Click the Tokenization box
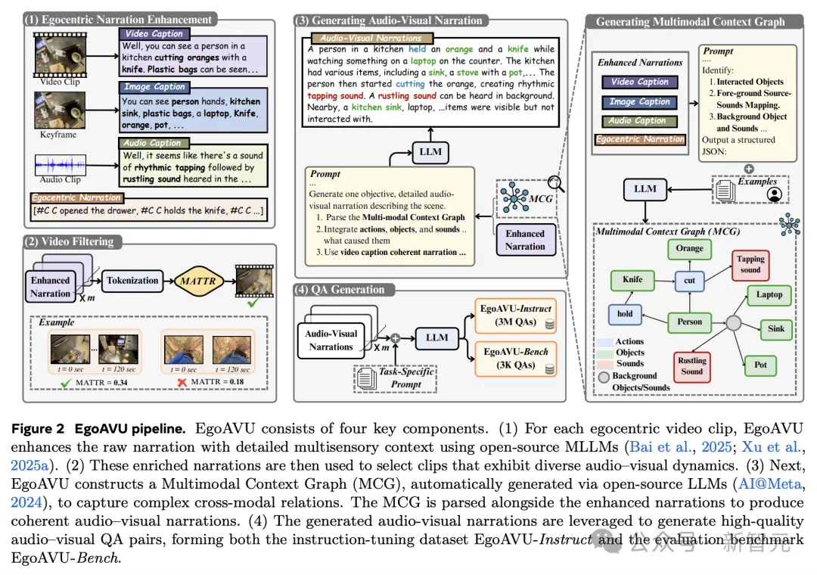pyautogui.click(x=132, y=281)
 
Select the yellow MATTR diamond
pyautogui.click(x=198, y=281)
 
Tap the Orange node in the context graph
pyautogui.click(x=689, y=248)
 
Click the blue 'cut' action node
pyautogui.click(x=689, y=281)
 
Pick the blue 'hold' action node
pyautogui.click(x=625, y=314)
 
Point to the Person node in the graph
pyautogui.click(x=689, y=322)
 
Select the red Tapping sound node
pyautogui.click(x=750, y=264)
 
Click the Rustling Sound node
pyautogui.click(x=692, y=366)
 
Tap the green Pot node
pyautogui.click(x=760, y=365)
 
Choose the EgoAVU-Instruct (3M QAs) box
pyautogui.click(x=515, y=315)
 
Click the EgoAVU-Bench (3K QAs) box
pyautogui.click(x=515, y=359)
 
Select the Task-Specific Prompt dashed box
pyautogui.click(x=396, y=378)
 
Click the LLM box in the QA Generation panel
pyautogui.click(x=436, y=337)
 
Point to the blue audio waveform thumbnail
pyautogui.click(x=61, y=165)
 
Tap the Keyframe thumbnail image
pyautogui.click(x=60, y=110)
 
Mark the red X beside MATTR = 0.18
pyautogui.click(x=182, y=383)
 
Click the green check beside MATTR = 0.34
pyautogui.click(x=66, y=383)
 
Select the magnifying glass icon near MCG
pyautogui.click(x=556, y=183)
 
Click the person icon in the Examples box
pyautogui.click(x=775, y=194)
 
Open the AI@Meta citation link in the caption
pyautogui.click(x=770, y=483)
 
